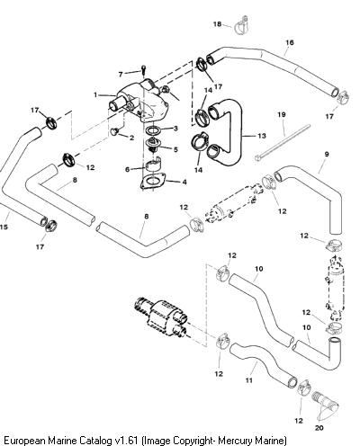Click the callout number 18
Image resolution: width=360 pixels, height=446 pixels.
217,24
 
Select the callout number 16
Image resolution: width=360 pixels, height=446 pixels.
290,42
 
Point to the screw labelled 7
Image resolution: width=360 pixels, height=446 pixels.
144,70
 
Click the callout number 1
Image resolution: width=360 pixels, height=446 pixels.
95,95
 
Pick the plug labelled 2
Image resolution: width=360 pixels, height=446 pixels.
114,131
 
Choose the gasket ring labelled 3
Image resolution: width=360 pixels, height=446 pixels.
153,130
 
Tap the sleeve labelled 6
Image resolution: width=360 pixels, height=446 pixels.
153,165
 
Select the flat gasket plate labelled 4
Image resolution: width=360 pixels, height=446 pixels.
153,182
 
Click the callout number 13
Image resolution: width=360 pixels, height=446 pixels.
262,136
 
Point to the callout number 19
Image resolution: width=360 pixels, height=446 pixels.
282,114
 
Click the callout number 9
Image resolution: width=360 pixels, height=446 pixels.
327,155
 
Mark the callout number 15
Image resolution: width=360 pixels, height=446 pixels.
4,227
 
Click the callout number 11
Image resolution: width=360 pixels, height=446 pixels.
249,380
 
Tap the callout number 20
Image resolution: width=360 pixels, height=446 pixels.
319,428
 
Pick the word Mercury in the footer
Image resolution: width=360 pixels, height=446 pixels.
235,441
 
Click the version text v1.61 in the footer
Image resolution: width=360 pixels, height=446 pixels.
127,441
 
